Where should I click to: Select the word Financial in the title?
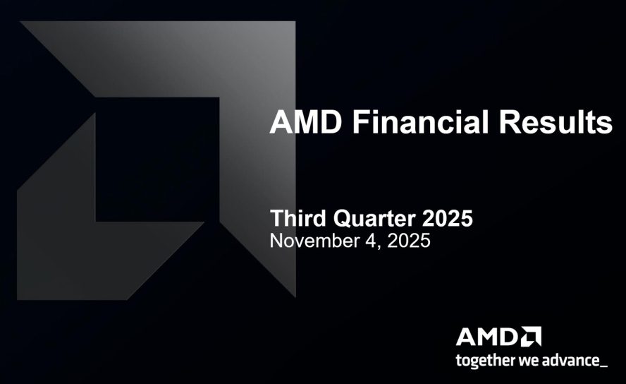click(420, 123)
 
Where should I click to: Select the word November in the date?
click(314, 240)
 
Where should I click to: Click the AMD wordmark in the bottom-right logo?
click(487, 336)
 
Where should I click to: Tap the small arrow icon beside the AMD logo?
click(532, 336)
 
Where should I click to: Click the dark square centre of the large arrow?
click(155, 159)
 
